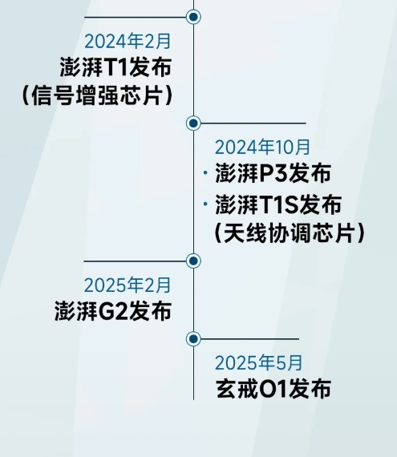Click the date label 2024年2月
click(x=128, y=41)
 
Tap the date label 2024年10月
click(x=262, y=147)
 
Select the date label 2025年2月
click(x=128, y=285)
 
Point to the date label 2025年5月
click(x=258, y=362)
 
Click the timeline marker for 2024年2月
click(x=193, y=17)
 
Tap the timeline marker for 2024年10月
click(x=193, y=123)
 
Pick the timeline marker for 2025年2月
click(x=193, y=261)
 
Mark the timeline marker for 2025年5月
click(x=193, y=338)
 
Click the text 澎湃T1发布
click(x=115, y=67)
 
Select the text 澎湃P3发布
click(x=273, y=173)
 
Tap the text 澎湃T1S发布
click(x=278, y=204)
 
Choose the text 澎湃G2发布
click(x=113, y=311)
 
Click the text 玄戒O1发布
click(x=273, y=389)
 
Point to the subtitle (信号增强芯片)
click(x=97, y=95)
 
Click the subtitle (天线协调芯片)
click(x=290, y=233)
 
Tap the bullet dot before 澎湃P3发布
click(x=205, y=173)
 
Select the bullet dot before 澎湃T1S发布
click(x=205, y=204)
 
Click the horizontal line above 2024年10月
click(x=253, y=123)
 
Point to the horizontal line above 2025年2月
click(x=135, y=261)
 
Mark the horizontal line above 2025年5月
click(x=249, y=339)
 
